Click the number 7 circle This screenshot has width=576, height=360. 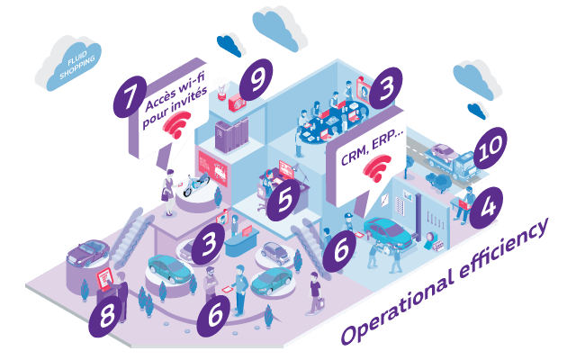pyautogui.click(x=130, y=97)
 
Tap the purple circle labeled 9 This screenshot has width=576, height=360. pyautogui.click(x=256, y=80)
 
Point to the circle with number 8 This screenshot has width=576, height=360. pyautogui.click(x=106, y=316)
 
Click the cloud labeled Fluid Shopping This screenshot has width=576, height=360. pyautogui.click(x=69, y=63)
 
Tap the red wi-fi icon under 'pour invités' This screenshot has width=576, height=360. pyautogui.click(x=177, y=124)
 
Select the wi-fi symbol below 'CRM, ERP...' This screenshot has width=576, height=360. pyautogui.click(x=377, y=168)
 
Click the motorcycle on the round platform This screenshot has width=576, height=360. pyautogui.click(x=196, y=184)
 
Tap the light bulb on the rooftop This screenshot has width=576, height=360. pyautogui.click(x=222, y=90)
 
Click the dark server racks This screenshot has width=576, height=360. pyautogui.click(x=231, y=134)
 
